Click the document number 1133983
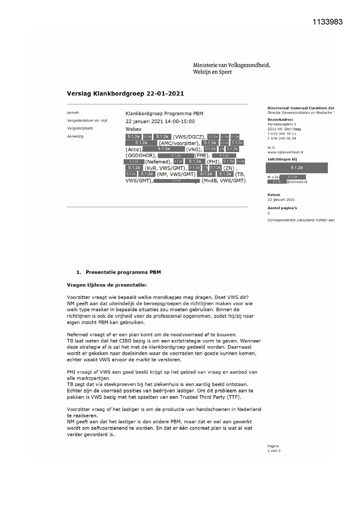click(x=328, y=22)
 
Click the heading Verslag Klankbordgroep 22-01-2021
click(x=125, y=94)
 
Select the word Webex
click(x=133, y=129)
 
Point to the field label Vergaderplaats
click(x=80, y=128)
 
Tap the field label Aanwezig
click(x=75, y=136)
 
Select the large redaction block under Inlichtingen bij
click(x=296, y=168)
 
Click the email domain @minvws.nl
click(x=297, y=182)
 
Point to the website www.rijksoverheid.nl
click(x=285, y=152)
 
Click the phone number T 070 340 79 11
click(x=282, y=134)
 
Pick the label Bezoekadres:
click(x=280, y=120)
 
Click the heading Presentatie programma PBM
click(x=123, y=272)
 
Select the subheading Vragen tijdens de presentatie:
click(x=107, y=285)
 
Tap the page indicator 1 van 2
click(x=274, y=451)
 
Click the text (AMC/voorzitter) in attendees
click(x=179, y=143)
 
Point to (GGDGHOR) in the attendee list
click(x=141, y=156)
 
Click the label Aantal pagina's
click(x=282, y=208)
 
